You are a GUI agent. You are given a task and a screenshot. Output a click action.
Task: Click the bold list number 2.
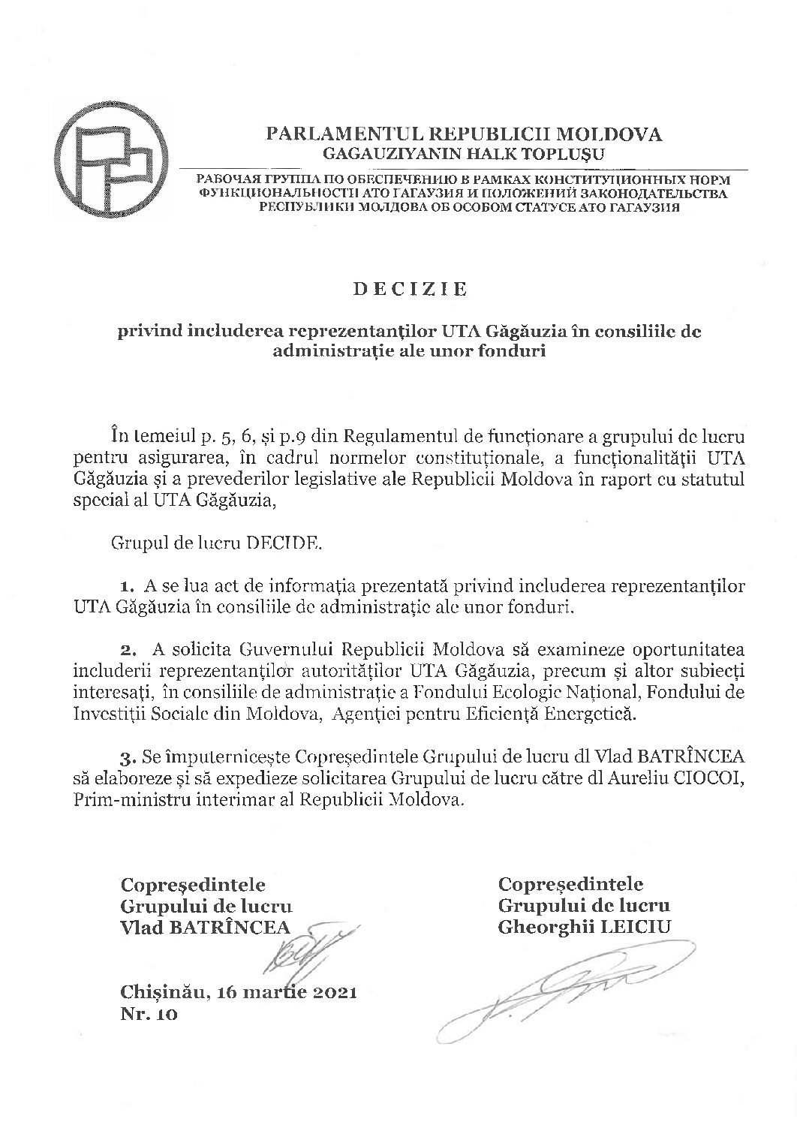coord(127,648)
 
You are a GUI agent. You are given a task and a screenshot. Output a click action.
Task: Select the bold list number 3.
coord(127,754)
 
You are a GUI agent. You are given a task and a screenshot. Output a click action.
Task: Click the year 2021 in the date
coord(326,993)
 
